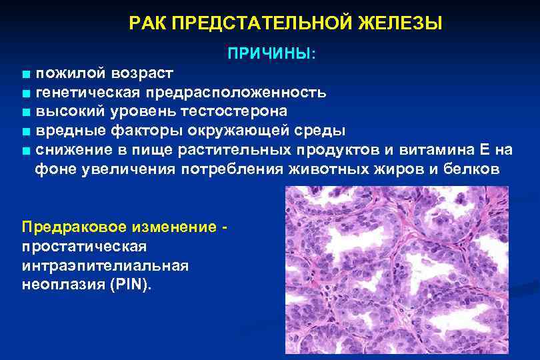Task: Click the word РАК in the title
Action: click(x=147, y=24)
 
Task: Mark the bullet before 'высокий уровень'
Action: click(x=25, y=111)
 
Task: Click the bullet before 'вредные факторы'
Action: click(x=25, y=131)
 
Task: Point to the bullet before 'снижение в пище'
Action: click(x=25, y=150)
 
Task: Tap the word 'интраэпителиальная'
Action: click(x=105, y=265)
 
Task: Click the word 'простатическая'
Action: click(x=83, y=246)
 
